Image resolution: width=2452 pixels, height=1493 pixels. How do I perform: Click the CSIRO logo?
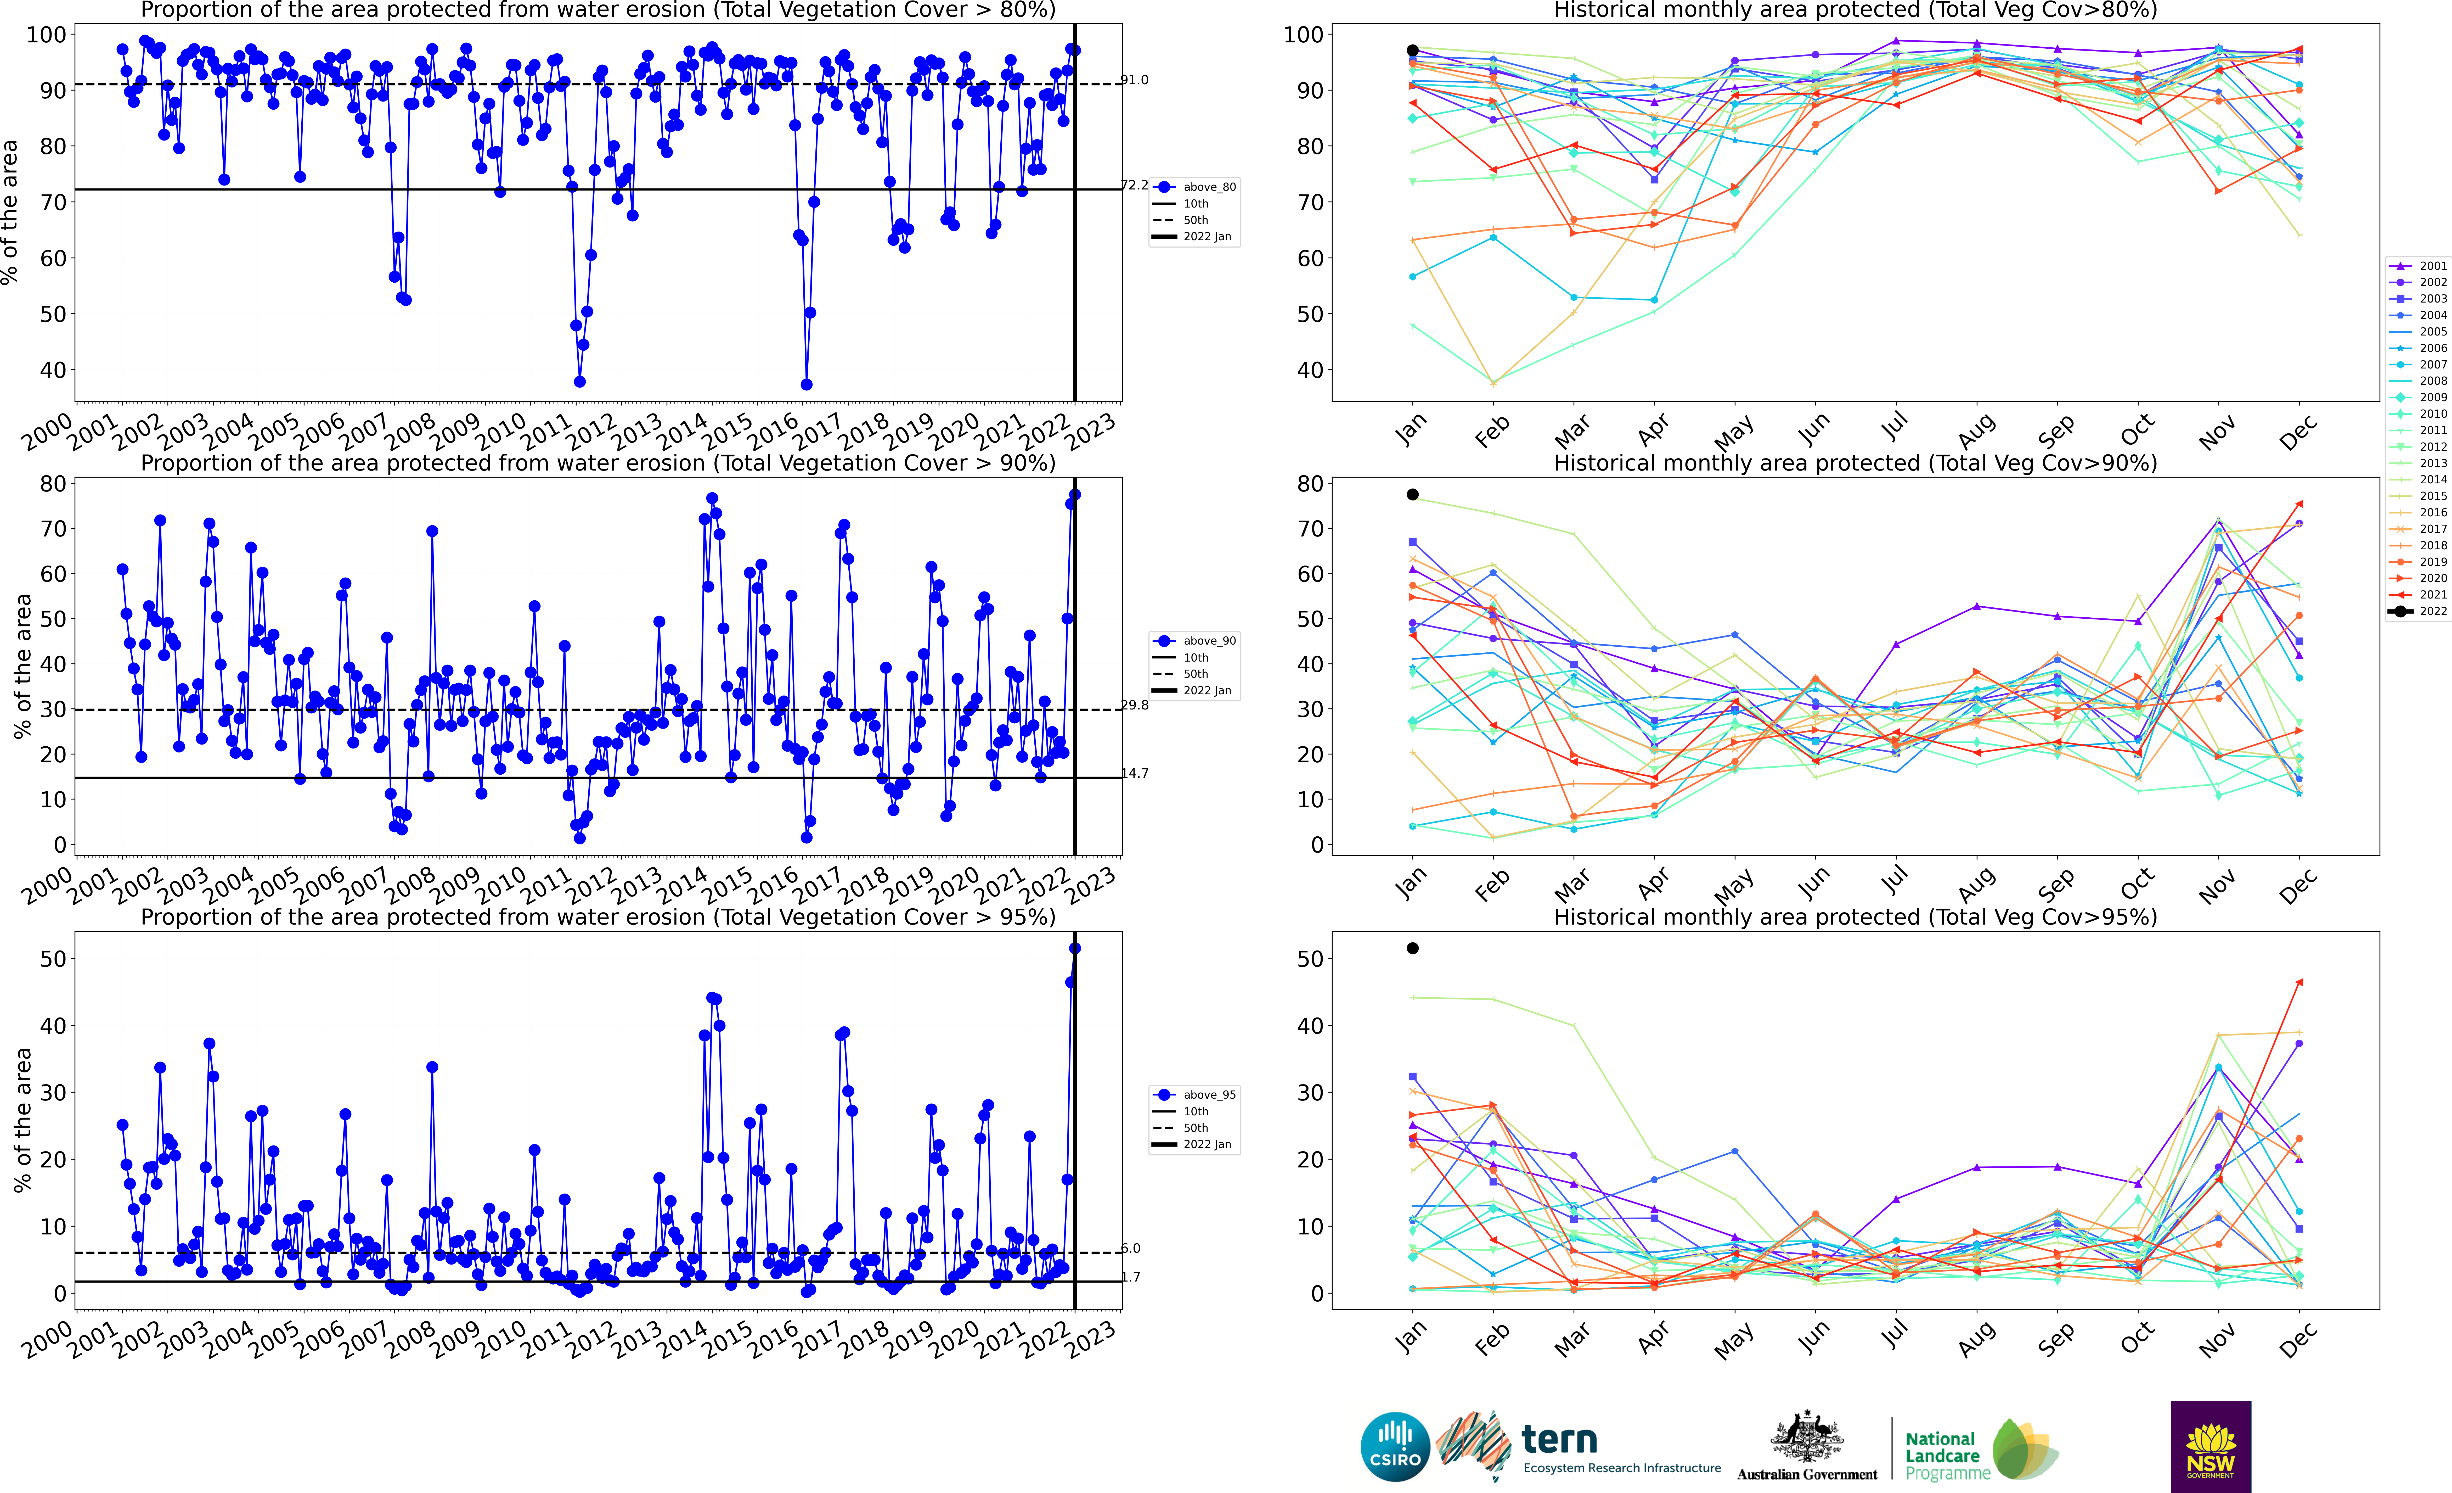click(x=1395, y=1446)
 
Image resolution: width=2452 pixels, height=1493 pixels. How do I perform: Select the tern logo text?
click(x=1559, y=1439)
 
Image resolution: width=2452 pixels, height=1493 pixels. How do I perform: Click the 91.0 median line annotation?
click(x=1135, y=80)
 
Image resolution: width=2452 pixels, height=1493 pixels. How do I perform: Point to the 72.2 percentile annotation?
click(x=1135, y=185)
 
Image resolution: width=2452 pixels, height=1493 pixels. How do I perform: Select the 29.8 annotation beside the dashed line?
click(x=1135, y=705)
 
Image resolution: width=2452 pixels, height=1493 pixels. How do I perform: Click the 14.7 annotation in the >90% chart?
click(x=1135, y=773)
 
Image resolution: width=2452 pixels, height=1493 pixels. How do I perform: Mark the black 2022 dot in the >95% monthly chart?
click(x=1412, y=949)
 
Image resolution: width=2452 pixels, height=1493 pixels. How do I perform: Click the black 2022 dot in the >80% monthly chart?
click(x=1412, y=50)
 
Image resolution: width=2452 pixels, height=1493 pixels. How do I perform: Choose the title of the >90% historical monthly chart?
click(x=1855, y=463)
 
